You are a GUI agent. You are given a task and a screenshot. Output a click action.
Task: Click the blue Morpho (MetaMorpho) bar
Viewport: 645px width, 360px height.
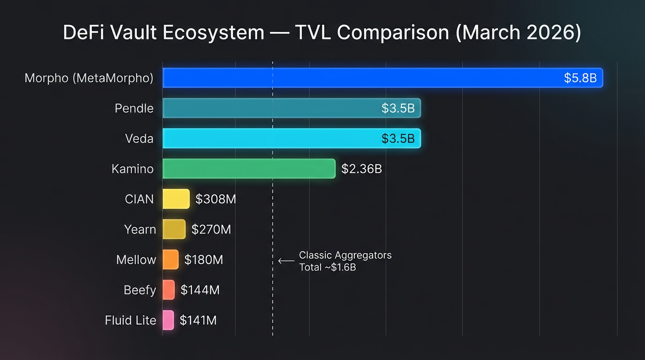point(382,78)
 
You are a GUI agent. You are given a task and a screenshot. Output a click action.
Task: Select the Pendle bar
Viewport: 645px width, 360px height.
point(292,108)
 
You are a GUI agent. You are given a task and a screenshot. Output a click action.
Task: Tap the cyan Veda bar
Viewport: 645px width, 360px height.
point(292,139)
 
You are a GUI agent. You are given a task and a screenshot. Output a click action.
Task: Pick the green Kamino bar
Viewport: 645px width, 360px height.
point(249,169)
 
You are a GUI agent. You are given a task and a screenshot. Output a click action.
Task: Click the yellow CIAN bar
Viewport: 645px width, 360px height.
point(176,199)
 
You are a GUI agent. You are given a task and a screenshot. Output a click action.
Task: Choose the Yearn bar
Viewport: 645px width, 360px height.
point(174,229)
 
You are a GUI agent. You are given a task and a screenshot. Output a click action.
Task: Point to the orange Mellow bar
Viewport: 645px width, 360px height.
point(171,260)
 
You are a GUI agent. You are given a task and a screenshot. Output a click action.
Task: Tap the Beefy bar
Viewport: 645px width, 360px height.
point(169,290)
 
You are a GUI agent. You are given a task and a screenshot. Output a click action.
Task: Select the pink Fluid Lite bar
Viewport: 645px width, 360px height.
point(168,320)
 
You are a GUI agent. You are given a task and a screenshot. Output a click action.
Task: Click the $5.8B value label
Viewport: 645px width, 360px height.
point(580,78)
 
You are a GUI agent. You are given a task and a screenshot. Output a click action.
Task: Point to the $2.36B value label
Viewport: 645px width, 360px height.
point(361,169)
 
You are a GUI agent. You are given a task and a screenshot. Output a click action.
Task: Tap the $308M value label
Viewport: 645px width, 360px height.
point(216,199)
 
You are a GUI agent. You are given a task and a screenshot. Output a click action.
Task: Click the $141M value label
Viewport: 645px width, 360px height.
point(198,320)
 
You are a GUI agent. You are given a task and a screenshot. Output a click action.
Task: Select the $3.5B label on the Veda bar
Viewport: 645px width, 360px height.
point(397,139)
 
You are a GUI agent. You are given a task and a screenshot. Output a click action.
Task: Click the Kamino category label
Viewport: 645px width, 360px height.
point(133,169)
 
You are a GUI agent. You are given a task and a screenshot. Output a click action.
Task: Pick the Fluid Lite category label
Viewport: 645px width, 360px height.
point(130,320)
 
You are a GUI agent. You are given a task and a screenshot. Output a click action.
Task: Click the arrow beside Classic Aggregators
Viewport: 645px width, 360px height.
point(286,261)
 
